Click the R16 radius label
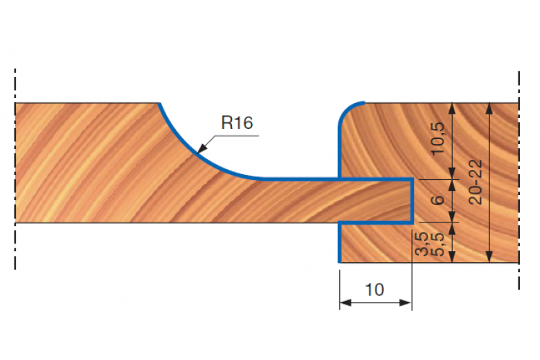click(237, 122)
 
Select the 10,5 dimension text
click(438, 139)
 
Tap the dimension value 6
click(438, 200)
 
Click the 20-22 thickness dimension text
click(476, 182)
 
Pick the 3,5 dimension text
click(422, 244)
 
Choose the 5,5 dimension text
click(437, 244)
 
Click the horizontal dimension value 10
click(374, 289)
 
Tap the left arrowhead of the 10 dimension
click(346, 303)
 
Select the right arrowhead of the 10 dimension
click(405, 303)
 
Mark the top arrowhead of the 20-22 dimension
click(489, 109)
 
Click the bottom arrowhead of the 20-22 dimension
click(489, 256)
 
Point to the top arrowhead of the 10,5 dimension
click(452, 109)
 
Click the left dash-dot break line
click(15, 168)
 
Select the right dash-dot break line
click(519, 180)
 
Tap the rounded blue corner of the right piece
click(346, 109)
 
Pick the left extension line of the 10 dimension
click(340, 289)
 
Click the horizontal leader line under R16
click(236, 136)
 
